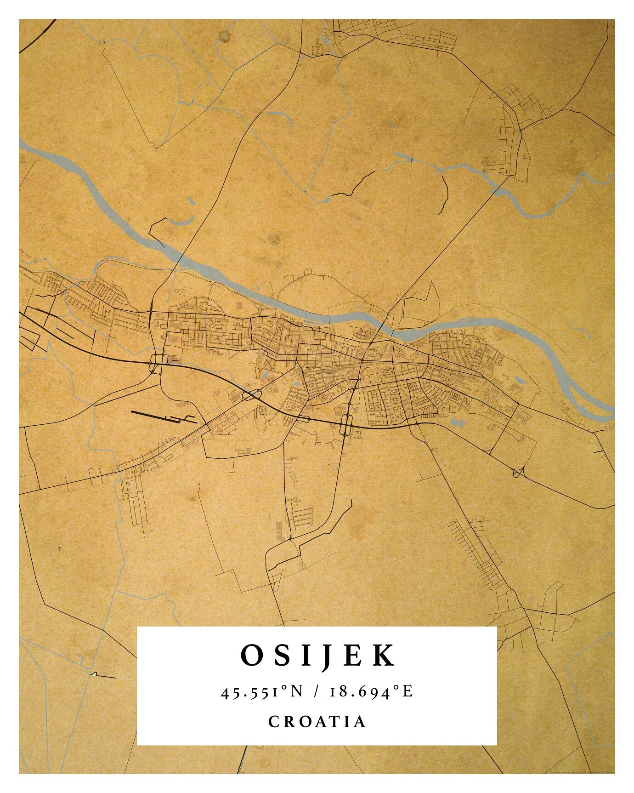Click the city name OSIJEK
317,655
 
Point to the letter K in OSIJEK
384,655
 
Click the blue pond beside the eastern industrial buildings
519,380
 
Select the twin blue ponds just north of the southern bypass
458,422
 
